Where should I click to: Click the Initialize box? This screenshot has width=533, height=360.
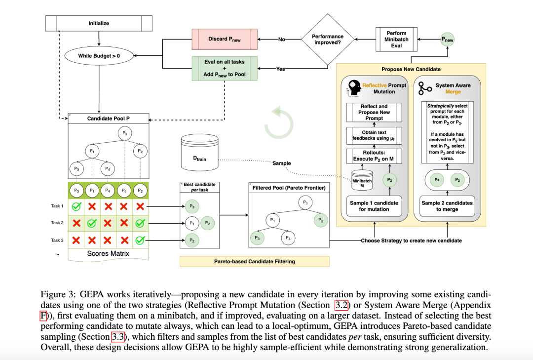(99, 23)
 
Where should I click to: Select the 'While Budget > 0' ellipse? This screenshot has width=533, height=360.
(99, 56)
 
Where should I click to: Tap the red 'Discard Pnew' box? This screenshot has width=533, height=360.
(225, 39)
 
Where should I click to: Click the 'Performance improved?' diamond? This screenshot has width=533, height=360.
(328, 40)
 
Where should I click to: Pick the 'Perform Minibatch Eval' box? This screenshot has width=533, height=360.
(396, 40)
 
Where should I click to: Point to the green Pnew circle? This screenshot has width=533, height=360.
(447, 40)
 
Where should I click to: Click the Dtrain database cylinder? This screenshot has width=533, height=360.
(199, 152)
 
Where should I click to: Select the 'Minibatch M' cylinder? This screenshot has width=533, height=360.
(362, 180)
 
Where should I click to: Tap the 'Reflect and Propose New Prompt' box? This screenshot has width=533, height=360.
(374, 112)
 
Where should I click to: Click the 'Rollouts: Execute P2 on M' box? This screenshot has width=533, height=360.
(374, 156)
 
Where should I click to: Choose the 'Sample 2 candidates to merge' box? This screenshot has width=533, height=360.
(447, 206)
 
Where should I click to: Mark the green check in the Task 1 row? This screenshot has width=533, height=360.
(76, 206)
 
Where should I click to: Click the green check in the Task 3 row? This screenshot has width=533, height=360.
(140, 240)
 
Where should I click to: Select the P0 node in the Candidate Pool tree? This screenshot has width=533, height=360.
(125, 133)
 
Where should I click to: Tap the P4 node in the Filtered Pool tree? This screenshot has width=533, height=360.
(288, 238)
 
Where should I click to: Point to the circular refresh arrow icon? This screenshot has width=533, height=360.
(279, 122)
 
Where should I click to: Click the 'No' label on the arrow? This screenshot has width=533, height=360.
(281, 40)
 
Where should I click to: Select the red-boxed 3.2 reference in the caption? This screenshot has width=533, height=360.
(342, 305)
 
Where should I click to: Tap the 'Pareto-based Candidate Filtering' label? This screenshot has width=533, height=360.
(255, 261)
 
